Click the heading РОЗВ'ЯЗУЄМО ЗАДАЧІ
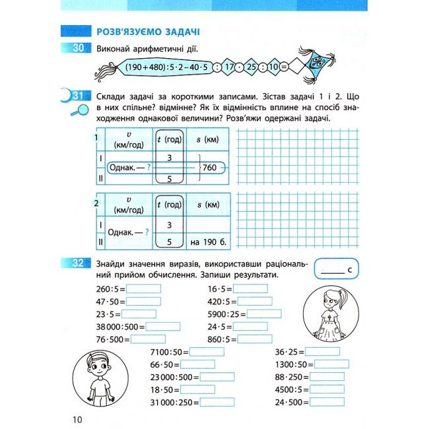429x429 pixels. coord(148,31)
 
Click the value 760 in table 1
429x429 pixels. coord(211,168)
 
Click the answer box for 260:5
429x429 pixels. coord(143,288)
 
